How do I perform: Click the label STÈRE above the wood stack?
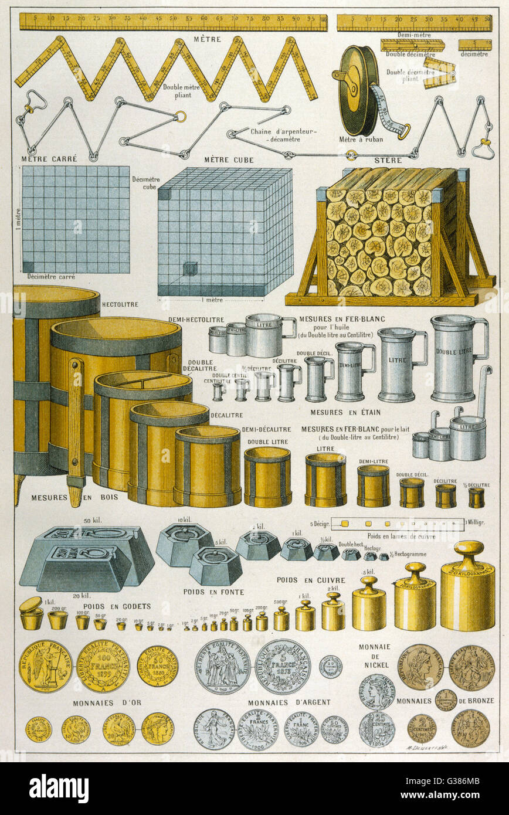click(x=388, y=159)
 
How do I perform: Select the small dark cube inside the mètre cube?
click(x=189, y=269)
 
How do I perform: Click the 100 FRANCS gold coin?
click(x=102, y=665)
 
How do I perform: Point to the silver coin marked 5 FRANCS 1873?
click(x=283, y=666)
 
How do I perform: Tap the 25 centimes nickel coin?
click(x=376, y=729)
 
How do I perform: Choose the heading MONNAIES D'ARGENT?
click(x=289, y=702)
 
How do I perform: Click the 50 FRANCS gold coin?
click(x=158, y=666)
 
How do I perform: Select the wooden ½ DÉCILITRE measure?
click(x=476, y=497)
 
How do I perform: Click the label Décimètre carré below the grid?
click(x=50, y=276)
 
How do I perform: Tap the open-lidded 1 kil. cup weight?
click(x=31, y=614)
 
